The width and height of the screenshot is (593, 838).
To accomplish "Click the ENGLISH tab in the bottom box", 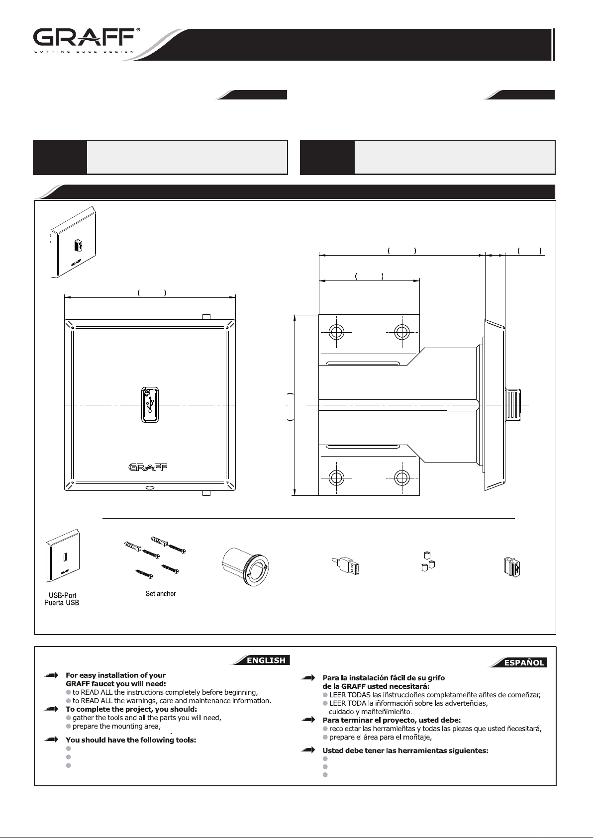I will coord(267,660).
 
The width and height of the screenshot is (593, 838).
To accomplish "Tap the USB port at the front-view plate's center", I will coord(150,405).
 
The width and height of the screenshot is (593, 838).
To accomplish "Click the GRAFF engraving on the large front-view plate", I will coord(148,467).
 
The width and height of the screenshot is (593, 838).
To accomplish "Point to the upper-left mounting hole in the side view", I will coord(336,332).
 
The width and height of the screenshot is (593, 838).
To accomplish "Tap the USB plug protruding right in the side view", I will coord(513,405).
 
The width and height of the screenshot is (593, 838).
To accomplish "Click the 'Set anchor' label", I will coord(160,593).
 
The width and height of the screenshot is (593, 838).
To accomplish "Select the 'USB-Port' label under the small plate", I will coord(63,595).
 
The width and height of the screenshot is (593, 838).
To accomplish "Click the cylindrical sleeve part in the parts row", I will coord(245,566).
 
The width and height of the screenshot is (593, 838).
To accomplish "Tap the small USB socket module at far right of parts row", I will coord(512,566).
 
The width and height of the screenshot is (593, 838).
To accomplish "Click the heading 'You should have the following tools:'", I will coord(131,740).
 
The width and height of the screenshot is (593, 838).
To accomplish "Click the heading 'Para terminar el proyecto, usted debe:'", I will coord(392,720).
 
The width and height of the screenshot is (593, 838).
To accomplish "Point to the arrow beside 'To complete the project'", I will coord(51,709).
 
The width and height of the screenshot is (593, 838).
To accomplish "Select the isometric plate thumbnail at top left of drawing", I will coord(74,242).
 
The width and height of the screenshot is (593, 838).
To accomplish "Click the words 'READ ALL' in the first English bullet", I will coord(99,692).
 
